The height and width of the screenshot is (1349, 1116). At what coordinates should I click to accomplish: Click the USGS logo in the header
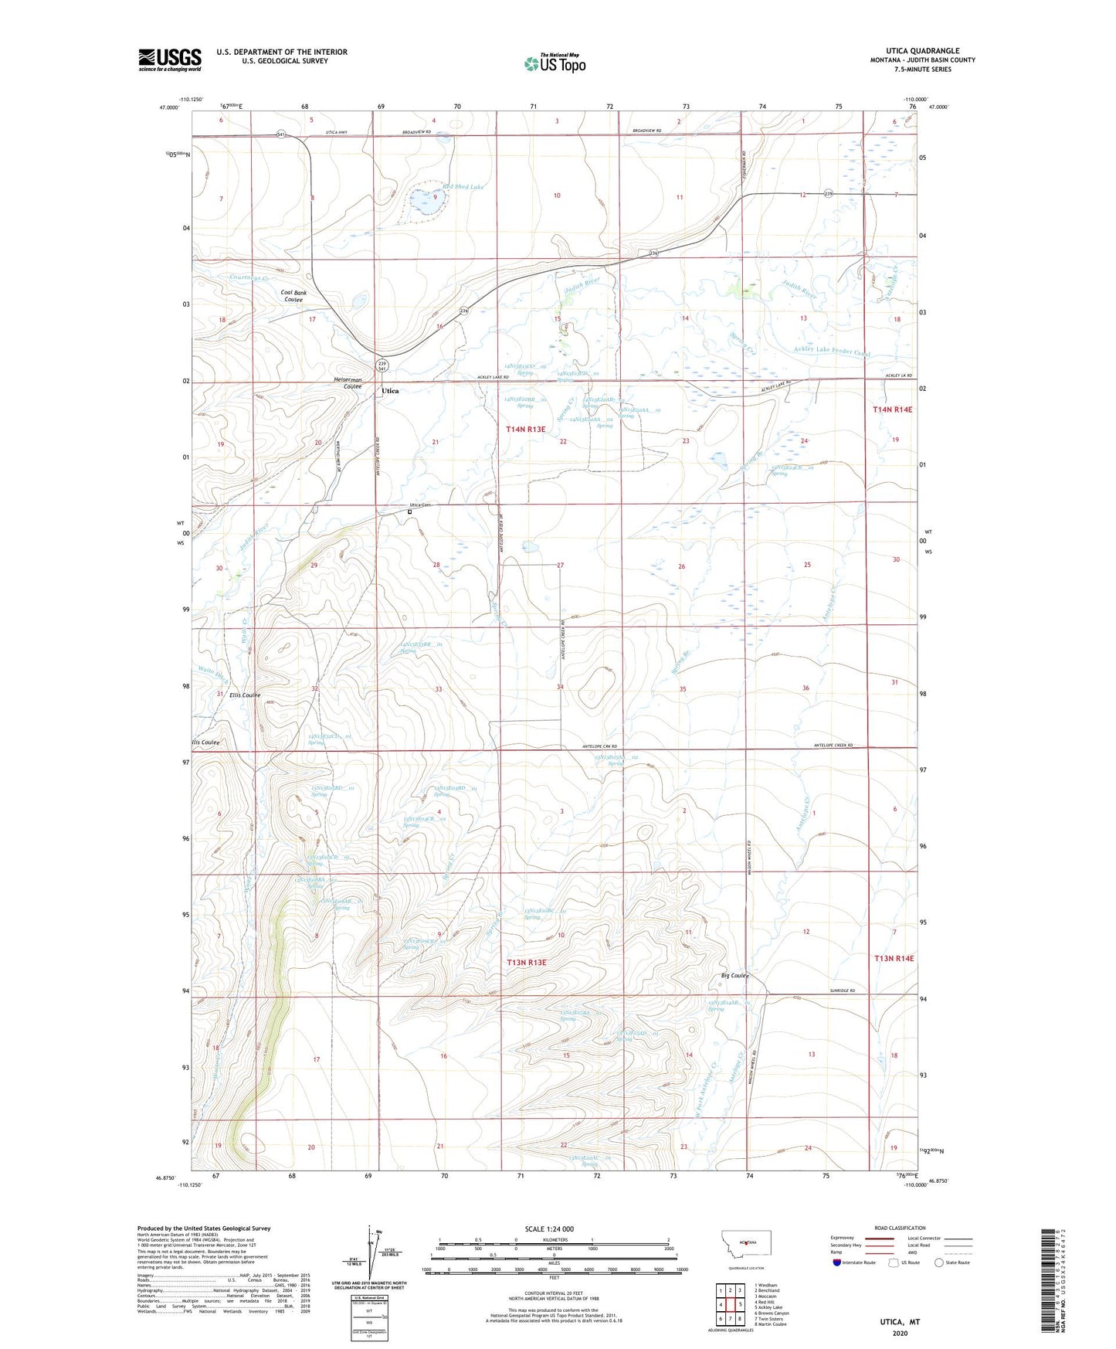tap(170, 59)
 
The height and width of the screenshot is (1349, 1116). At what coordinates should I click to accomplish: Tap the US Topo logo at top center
tap(555, 63)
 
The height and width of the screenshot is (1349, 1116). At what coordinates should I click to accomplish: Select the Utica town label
tap(390, 391)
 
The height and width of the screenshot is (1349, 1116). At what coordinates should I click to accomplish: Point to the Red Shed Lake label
tap(463, 187)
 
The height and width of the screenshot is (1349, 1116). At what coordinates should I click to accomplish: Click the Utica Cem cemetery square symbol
tap(409, 511)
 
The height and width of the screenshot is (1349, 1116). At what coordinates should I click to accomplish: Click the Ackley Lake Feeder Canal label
tap(832, 352)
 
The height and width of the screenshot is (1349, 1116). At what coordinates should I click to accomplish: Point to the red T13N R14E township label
tap(894, 958)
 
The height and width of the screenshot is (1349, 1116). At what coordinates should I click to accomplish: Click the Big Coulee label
tap(734, 976)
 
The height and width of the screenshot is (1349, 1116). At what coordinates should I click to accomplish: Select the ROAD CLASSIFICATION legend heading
tap(900, 1228)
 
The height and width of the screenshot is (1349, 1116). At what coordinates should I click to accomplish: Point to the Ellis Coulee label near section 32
tap(245, 695)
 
